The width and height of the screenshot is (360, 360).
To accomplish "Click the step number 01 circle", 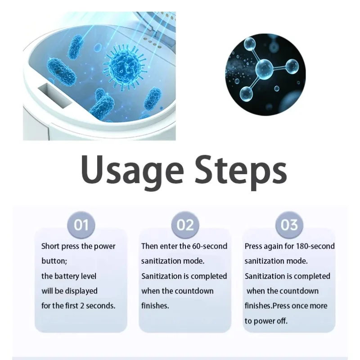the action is click(x=81, y=225).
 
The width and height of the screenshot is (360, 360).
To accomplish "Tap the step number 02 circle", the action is click(x=185, y=225).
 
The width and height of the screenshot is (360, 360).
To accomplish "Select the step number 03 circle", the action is click(x=289, y=225).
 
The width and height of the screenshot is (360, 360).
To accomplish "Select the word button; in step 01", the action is click(x=54, y=261).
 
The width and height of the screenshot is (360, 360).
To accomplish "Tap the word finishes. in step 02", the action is click(x=155, y=306).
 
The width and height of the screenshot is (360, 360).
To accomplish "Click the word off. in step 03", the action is click(x=282, y=321).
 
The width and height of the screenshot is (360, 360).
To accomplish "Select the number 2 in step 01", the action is click(x=82, y=306).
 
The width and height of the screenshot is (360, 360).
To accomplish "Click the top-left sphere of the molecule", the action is click(x=249, y=43).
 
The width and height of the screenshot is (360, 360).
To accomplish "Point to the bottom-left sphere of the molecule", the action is click(x=246, y=93).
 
